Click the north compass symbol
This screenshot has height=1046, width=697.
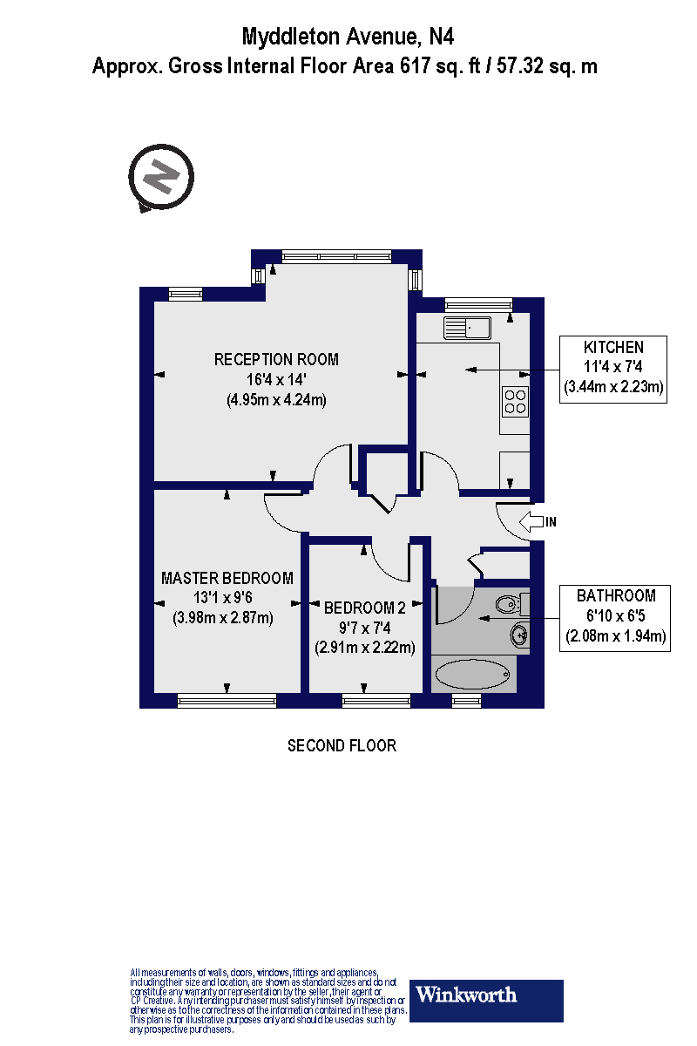(x=161, y=178)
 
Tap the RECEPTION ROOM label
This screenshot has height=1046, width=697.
(x=276, y=359)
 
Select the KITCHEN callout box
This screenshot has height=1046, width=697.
(x=613, y=369)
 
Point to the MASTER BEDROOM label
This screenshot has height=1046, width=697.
(x=227, y=578)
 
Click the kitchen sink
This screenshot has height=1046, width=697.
(x=468, y=329)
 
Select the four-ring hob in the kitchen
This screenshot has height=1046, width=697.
(x=516, y=400)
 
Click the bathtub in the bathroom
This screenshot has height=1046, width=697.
(x=474, y=674)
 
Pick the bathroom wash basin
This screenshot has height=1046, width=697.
(x=519, y=635)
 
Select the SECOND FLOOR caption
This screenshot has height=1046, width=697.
(x=342, y=746)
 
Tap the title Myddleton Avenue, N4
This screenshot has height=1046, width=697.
(x=348, y=37)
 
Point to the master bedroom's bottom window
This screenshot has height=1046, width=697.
(x=227, y=699)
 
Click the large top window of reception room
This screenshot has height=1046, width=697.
(x=337, y=256)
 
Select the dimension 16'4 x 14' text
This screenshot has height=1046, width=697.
(x=276, y=380)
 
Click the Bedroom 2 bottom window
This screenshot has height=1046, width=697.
(x=376, y=699)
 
